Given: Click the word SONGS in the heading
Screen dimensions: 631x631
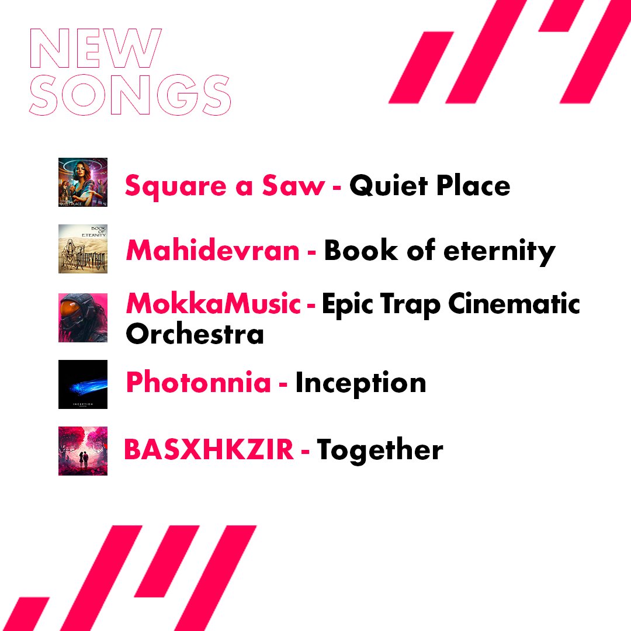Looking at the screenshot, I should [130, 94].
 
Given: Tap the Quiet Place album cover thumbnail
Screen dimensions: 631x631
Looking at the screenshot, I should [83, 182].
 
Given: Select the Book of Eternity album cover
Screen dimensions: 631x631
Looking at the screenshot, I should [83, 249].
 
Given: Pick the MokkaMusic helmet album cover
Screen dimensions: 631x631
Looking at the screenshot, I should [83, 317].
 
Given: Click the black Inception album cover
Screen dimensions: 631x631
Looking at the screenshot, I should [83, 384].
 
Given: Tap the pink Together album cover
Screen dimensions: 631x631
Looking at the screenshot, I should [83, 450].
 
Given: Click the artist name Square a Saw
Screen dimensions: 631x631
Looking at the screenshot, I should [225, 186].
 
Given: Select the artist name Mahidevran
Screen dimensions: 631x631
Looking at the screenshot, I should [213, 251].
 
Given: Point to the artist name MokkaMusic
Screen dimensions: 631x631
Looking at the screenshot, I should [213, 304].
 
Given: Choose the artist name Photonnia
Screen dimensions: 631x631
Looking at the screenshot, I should [199, 383].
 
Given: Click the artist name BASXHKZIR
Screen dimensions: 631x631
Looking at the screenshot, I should [209, 450].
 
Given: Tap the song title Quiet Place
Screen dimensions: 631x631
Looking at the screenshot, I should [429, 186].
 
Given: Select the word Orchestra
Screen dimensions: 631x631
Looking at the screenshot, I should [195, 334].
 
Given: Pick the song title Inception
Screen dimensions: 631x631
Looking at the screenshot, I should [360, 383].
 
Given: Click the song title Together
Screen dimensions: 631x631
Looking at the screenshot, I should [380, 450].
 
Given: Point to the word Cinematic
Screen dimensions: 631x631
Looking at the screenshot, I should [514, 304].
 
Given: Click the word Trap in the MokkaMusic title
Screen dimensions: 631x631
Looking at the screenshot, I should [414, 306].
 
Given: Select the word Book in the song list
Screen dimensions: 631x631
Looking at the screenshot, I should [352, 251].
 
